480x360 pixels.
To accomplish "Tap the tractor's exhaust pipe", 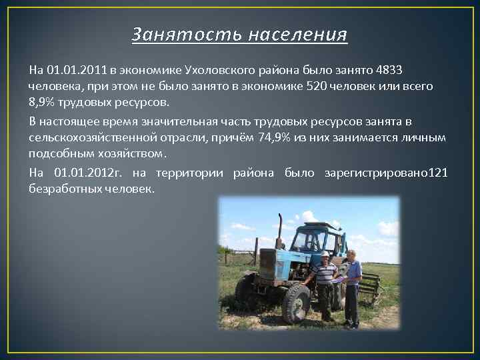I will pos(280,230).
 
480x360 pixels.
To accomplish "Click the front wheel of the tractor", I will pos(295,303).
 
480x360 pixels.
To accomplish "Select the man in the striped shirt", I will pos(325,283).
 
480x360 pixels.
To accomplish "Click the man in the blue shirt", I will pos(351,283).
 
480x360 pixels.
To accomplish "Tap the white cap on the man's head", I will pos(325,253).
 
